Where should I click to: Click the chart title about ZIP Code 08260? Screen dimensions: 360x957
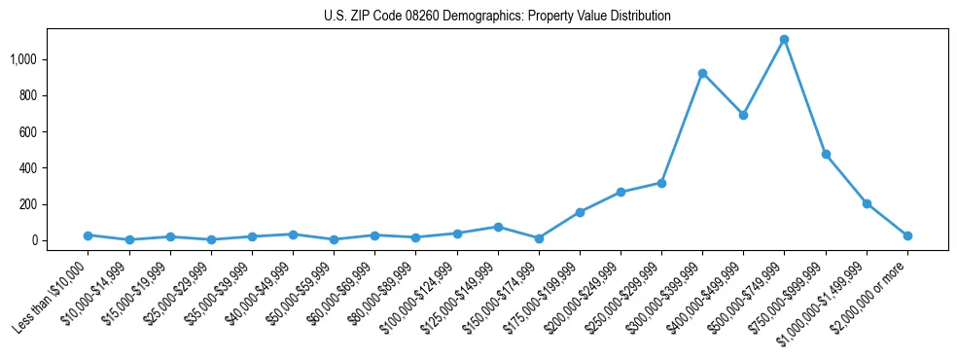pyautogui.click(x=497, y=17)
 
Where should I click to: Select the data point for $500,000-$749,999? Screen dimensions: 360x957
pyautogui.click(x=784, y=40)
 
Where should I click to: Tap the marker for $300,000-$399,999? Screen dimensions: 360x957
pyautogui.click(x=702, y=73)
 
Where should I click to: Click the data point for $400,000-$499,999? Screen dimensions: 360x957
pyautogui.click(x=743, y=115)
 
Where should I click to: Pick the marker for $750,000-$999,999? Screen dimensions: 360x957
pyautogui.click(x=826, y=154)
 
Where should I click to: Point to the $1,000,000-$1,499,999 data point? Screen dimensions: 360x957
pyautogui.click(x=867, y=203)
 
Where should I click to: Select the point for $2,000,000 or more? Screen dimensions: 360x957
pyautogui.click(x=907, y=235)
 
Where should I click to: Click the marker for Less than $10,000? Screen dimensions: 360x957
pyautogui.click(x=88, y=235)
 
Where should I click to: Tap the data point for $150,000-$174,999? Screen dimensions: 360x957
pyautogui.click(x=539, y=238)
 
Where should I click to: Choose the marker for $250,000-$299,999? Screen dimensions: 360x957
pyautogui.click(x=661, y=183)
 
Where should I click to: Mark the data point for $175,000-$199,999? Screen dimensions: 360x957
pyautogui.click(x=580, y=212)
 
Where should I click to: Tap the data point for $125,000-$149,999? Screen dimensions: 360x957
pyautogui.click(x=498, y=227)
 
